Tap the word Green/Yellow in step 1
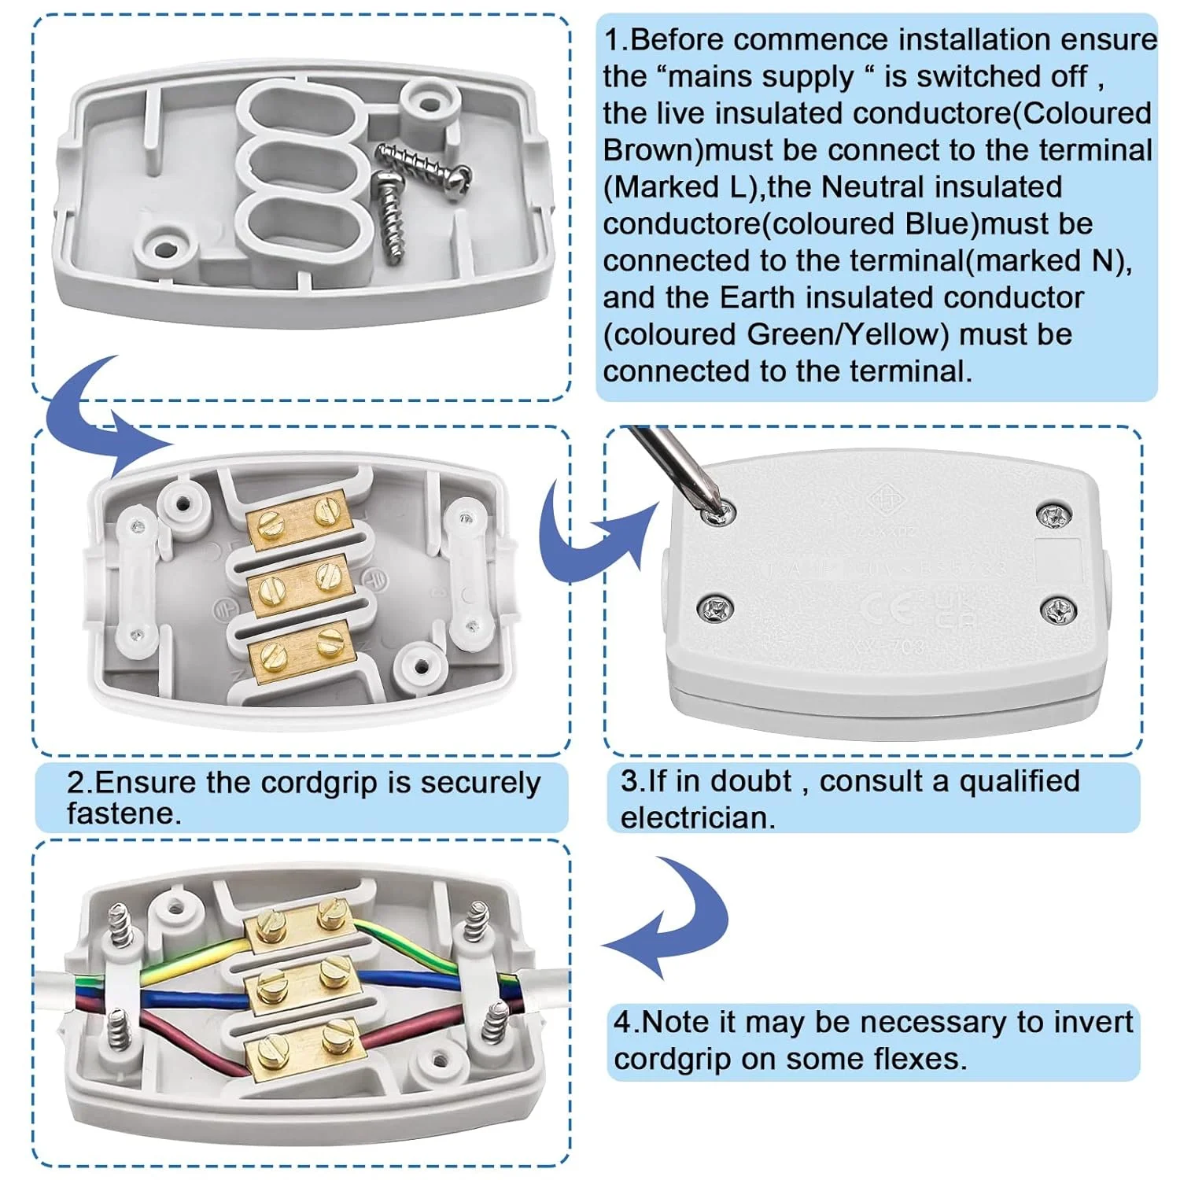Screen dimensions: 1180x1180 pyautogui.click(x=846, y=334)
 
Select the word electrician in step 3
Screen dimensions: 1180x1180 pyautogui.click(x=698, y=818)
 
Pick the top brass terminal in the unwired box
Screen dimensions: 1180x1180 pyautogui.click(x=298, y=519)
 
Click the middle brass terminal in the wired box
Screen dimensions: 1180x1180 pyautogui.click(x=301, y=987)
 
